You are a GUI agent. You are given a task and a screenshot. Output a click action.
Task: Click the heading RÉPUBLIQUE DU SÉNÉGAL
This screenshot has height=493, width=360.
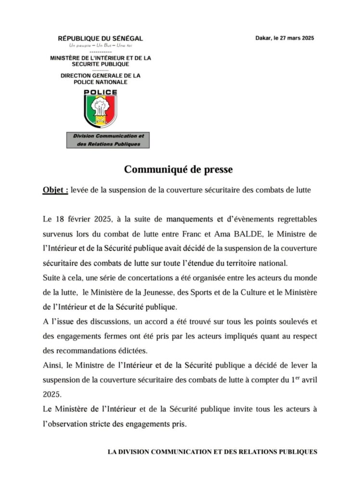[x=101, y=39]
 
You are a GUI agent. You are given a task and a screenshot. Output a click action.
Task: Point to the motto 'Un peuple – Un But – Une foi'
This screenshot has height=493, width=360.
[x=101, y=45]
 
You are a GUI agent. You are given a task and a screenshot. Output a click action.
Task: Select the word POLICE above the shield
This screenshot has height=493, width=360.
[x=101, y=92]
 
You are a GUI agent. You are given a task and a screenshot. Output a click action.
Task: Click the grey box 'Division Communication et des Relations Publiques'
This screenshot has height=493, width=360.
[x=108, y=140]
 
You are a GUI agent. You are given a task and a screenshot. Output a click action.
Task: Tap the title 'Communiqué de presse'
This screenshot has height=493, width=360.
[x=179, y=169]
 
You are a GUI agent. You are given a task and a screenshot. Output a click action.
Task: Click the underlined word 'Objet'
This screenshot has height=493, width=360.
[x=54, y=190]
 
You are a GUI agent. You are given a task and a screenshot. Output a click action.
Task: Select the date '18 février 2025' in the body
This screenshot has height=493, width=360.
[x=82, y=219]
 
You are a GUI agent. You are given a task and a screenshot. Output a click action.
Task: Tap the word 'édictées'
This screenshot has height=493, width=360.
[x=136, y=350]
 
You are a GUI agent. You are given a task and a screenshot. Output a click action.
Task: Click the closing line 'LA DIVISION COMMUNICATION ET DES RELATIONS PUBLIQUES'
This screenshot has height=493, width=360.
[x=212, y=452]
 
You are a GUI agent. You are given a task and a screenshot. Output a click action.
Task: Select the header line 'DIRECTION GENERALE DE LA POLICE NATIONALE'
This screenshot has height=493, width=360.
[x=101, y=79]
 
